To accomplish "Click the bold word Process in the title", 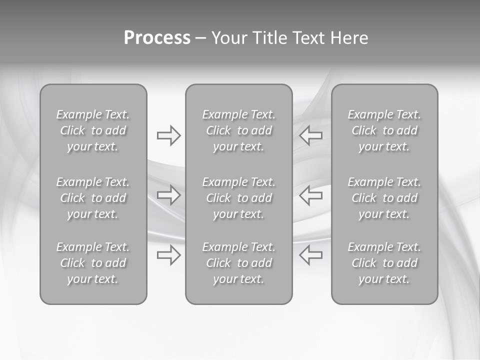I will pyautogui.click(x=157, y=38).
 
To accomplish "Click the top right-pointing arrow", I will pyautogui.click(x=168, y=135).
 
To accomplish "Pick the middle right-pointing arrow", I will pyautogui.click(x=168, y=195).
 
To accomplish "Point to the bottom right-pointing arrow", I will pyautogui.click(x=168, y=255).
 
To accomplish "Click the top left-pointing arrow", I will pyautogui.click(x=311, y=135).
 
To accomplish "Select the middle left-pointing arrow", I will pyautogui.click(x=311, y=195).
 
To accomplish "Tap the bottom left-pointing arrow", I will pyautogui.click(x=311, y=255).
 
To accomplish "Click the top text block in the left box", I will pyautogui.click(x=93, y=130).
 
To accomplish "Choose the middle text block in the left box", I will pyautogui.click(x=93, y=198).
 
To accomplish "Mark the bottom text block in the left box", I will pyautogui.click(x=93, y=263).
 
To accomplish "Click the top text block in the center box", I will pyautogui.click(x=238, y=130).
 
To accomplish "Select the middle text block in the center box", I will pyautogui.click(x=238, y=198).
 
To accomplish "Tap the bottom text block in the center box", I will pyautogui.click(x=238, y=263).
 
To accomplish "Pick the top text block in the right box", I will pyautogui.click(x=384, y=130).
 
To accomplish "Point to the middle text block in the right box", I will pyautogui.click(x=384, y=198).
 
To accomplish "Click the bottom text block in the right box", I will pyautogui.click(x=384, y=263).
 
